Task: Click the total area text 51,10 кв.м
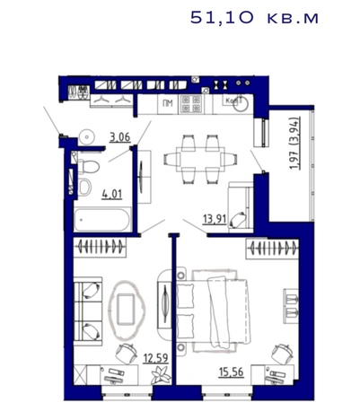point(254,18)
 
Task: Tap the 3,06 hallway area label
point(120,137)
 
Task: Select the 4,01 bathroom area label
point(112,195)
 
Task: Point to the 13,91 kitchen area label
point(215,219)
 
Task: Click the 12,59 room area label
point(155,358)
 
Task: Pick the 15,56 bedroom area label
point(232,372)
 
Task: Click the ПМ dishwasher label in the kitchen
point(168,103)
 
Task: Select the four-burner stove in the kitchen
point(191,104)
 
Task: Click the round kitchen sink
point(241,103)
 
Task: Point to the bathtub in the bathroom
point(102,220)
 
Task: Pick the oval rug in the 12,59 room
point(127,311)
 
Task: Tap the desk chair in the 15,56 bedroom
point(282,354)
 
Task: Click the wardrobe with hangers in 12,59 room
point(101,247)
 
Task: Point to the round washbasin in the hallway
point(87,137)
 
